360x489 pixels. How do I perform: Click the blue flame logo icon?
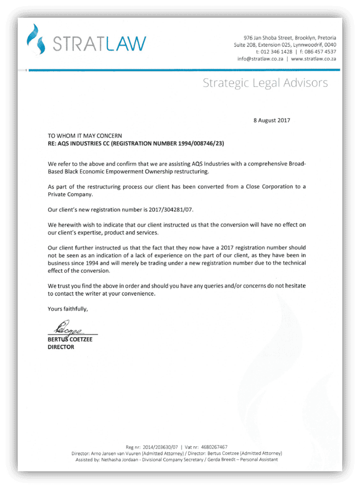(x=37, y=41)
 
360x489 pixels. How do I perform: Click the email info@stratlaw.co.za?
(x=261, y=58)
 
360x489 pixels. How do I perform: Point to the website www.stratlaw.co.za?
(x=313, y=58)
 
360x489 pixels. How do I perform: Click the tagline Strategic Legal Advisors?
(x=265, y=83)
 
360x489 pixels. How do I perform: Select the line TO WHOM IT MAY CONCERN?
(x=89, y=136)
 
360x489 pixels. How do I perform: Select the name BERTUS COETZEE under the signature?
(x=70, y=339)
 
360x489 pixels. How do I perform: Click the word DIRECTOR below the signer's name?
(x=61, y=347)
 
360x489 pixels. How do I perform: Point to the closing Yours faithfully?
(x=68, y=308)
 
